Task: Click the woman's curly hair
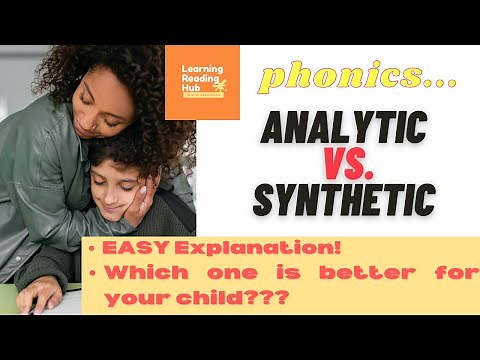60,60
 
